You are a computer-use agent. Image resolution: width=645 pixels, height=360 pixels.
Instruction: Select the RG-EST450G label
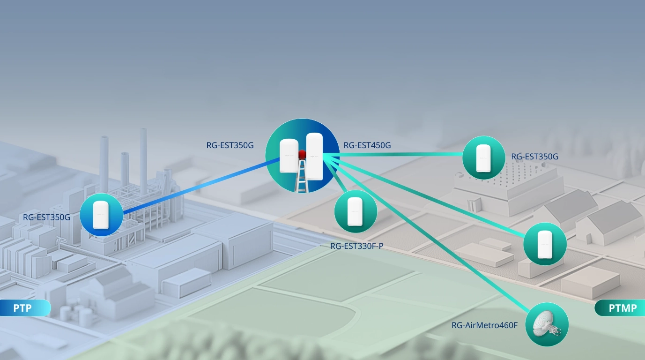click(x=367, y=145)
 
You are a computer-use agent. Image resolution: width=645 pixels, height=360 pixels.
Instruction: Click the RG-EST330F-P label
click(x=356, y=246)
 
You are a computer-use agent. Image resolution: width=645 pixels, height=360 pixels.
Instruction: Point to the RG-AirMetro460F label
click(x=484, y=325)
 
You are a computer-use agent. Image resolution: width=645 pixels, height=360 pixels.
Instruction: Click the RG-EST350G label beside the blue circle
click(x=46, y=217)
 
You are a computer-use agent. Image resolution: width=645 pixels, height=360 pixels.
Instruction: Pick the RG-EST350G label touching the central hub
click(x=230, y=145)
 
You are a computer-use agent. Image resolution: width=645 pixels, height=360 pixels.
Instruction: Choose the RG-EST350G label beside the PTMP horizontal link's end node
click(x=534, y=157)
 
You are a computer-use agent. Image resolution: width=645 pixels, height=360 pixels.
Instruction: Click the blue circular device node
click(x=101, y=215)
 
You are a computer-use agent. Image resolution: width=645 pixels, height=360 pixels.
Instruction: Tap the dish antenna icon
click(x=547, y=324)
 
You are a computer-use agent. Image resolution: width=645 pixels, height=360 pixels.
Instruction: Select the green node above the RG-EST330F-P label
click(x=356, y=211)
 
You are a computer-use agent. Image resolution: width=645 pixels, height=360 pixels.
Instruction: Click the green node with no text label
click(x=545, y=244)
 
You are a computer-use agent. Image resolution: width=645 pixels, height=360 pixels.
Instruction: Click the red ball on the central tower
click(x=302, y=154)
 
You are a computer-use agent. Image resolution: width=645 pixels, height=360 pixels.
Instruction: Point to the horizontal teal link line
click(x=398, y=155)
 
